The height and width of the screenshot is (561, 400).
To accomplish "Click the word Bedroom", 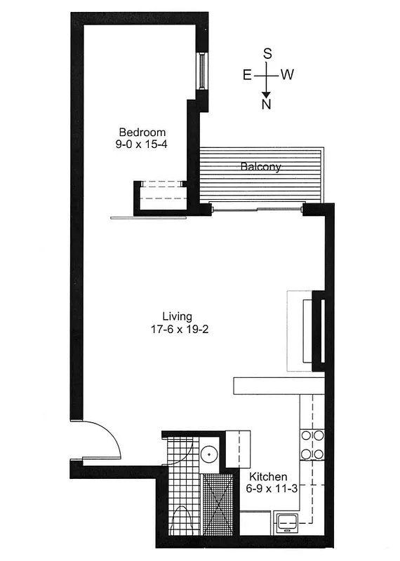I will pyautogui.click(x=142, y=132).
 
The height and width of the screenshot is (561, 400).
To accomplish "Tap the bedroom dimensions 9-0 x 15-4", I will pyautogui.click(x=142, y=144).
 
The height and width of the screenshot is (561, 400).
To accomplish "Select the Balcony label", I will pyautogui.click(x=261, y=167).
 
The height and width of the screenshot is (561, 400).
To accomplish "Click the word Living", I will pyautogui.click(x=177, y=316).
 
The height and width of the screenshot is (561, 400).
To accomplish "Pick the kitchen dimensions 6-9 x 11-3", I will pyautogui.click(x=272, y=489).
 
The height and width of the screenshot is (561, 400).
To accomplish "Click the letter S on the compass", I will pyautogui.click(x=267, y=53).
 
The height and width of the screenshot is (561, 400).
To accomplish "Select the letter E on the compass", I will pyautogui.click(x=248, y=75).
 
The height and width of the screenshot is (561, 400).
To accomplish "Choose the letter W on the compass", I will pyautogui.click(x=287, y=75).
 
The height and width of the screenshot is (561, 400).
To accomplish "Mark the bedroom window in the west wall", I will pyautogui.click(x=202, y=70).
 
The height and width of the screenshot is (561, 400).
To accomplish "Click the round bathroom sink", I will pyautogui.click(x=208, y=454).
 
